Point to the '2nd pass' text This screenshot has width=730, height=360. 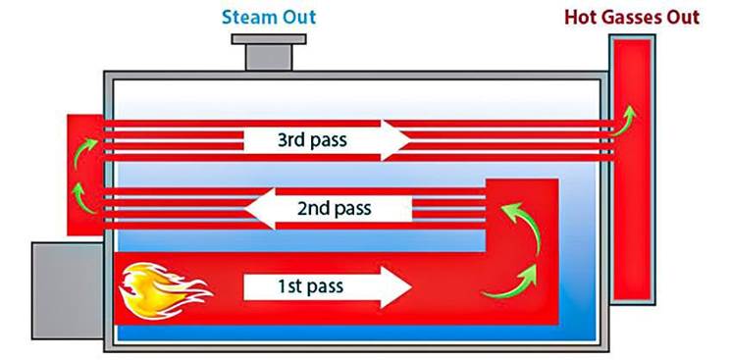pos(332,208)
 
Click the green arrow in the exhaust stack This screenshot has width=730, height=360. pos(625,117)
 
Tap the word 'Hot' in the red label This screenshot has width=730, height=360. pos(580,17)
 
